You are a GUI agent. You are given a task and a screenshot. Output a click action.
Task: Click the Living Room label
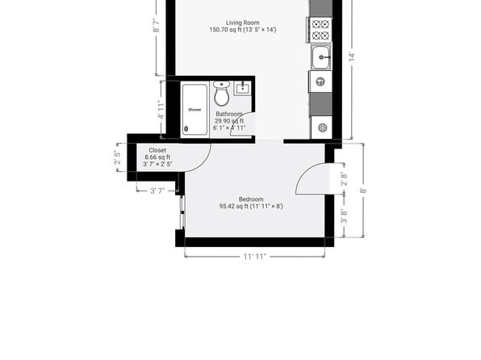click(242, 23)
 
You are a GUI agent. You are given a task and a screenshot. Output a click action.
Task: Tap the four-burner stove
click(320, 30)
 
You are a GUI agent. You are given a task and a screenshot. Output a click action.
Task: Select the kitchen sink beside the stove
click(321, 57)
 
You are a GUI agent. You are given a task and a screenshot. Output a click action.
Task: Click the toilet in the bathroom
click(221, 93)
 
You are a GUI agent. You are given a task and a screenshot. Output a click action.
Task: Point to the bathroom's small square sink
click(243, 88)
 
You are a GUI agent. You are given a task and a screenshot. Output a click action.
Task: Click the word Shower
click(194, 110)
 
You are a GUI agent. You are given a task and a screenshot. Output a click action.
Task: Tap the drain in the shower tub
click(186, 129)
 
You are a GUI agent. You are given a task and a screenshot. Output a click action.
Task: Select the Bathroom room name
click(229, 114)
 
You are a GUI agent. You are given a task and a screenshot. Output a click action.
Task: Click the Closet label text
click(157, 150)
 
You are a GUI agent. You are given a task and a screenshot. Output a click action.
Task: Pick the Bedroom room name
click(251, 199)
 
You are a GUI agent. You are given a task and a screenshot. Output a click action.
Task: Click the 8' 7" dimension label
click(157, 26)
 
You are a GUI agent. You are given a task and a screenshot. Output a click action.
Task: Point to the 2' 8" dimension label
click(344, 179)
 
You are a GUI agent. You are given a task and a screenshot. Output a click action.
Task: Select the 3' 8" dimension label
click(344, 216)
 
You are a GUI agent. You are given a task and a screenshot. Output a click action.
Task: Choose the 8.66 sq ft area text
click(157, 157)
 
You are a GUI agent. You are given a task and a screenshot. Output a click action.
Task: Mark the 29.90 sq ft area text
click(229, 121)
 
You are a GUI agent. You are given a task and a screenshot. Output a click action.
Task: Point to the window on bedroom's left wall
click(182, 212)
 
